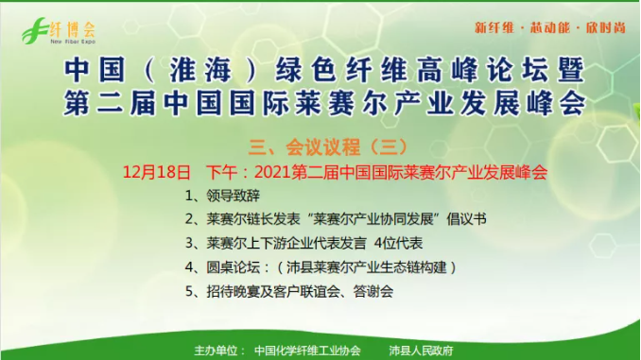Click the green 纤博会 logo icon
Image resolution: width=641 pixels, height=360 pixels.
(35, 30)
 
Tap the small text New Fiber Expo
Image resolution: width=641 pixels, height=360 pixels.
(73, 42)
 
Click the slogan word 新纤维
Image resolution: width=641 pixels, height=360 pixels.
(494, 27)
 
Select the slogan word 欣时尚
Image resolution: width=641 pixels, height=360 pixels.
(606, 27)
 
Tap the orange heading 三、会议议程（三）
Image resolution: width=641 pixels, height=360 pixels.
(328, 147)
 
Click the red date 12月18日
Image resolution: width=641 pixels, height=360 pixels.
(157, 172)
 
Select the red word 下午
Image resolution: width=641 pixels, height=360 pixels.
(222, 172)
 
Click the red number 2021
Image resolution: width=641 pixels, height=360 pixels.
(272, 172)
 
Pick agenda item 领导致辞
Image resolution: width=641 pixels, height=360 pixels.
(233, 196)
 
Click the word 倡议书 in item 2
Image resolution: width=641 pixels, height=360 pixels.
(466, 219)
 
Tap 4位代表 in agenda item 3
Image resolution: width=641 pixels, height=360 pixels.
(398, 244)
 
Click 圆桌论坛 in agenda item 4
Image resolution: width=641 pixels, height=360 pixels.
(233, 267)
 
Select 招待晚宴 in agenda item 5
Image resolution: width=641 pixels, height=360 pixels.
(233, 292)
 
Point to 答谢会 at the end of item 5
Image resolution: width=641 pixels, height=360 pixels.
(373, 292)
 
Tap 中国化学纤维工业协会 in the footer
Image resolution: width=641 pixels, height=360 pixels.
(307, 351)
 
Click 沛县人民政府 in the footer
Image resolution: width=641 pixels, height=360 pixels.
(421, 351)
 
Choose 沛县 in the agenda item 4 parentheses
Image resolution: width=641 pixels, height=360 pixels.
(300, 267)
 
